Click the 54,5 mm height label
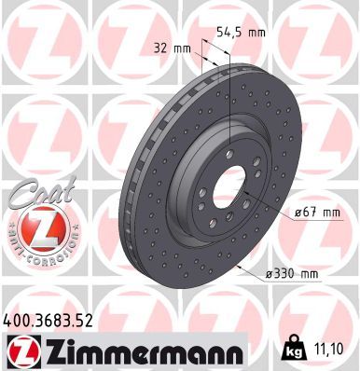242,32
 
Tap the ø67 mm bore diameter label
313,213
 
